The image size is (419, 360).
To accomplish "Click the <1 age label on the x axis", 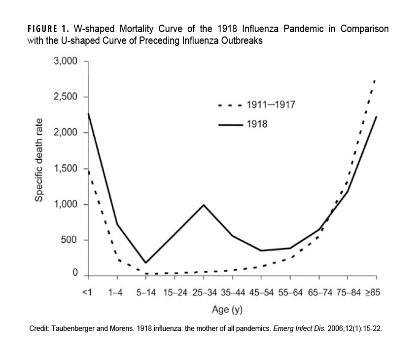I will (87, 292).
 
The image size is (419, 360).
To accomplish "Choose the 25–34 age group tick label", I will (203, 292).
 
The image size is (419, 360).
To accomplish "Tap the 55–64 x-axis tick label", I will (290, 292).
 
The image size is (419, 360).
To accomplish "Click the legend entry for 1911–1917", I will (271, 105).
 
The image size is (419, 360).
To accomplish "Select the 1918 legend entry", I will (257, 124).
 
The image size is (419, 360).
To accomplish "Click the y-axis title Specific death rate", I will (39, 160).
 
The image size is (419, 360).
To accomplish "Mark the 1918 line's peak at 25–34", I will (203, 205).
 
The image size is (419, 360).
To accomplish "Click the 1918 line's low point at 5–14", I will (145, 263).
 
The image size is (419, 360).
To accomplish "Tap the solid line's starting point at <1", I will (87, 113).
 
